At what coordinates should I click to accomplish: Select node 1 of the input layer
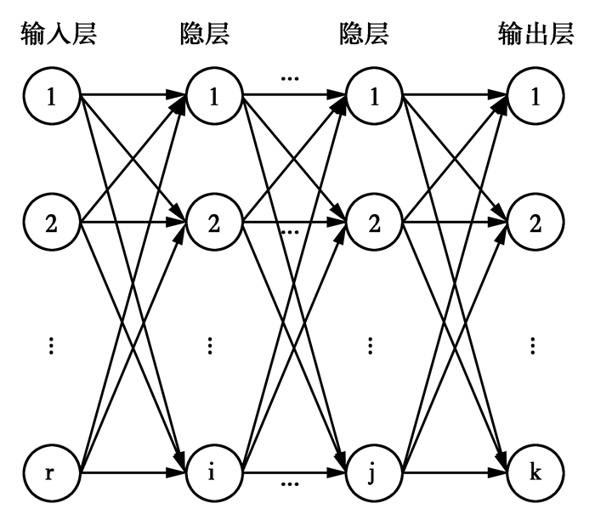coord(52,97)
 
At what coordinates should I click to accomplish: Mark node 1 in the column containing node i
coord(213,97)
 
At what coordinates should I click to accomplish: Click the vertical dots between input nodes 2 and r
coord(52,345)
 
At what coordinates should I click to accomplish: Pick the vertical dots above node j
coord(373,345)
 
